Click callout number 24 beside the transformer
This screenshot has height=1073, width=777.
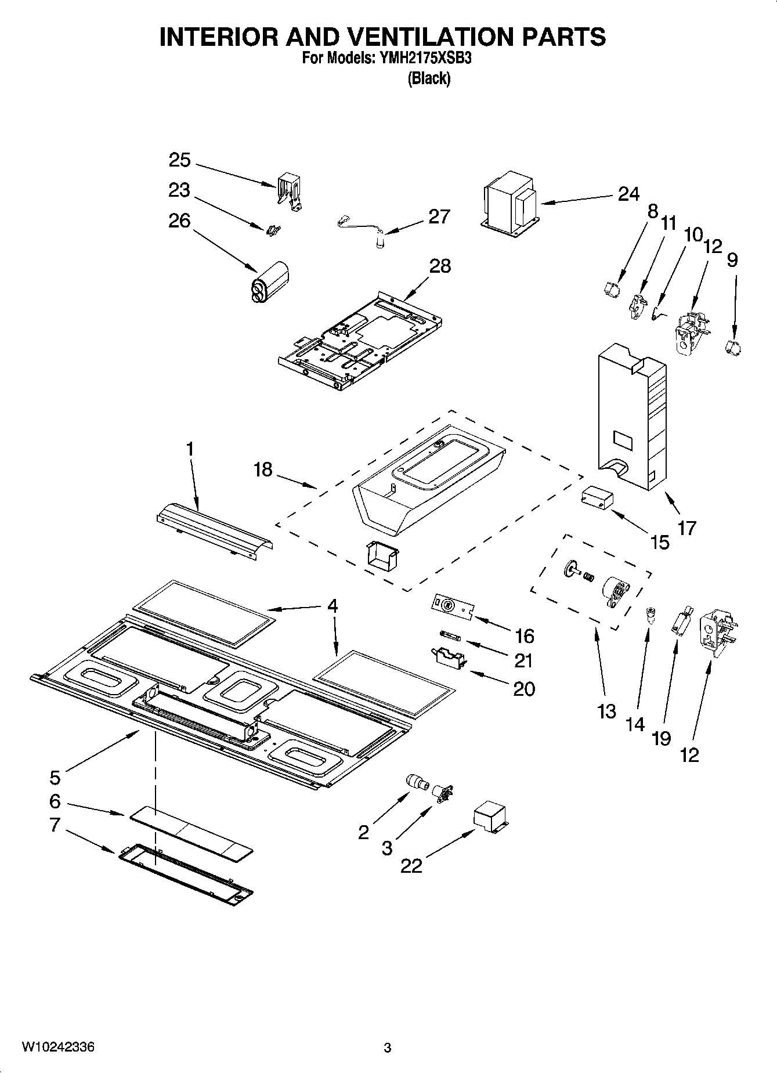coord(628,193)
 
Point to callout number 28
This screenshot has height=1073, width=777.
coord(440,266)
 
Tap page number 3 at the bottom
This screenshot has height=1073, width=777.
coord(388,1048)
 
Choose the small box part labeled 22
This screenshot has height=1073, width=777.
coord(489,816)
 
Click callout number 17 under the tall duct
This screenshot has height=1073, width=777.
coord(686,528)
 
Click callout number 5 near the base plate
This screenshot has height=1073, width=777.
coord(55,776)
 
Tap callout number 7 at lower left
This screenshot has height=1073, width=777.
coord(55,825)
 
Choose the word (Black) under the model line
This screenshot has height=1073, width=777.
coord(429,78)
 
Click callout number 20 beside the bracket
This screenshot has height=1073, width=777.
coord(523,688)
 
